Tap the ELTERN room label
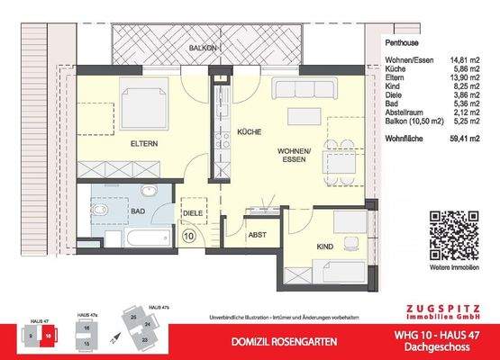pos(144,142)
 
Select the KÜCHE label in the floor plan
pos(249,132)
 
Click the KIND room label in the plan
pos(327,246)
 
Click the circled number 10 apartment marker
pos(189,237)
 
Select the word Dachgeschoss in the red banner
pos(444,347)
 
